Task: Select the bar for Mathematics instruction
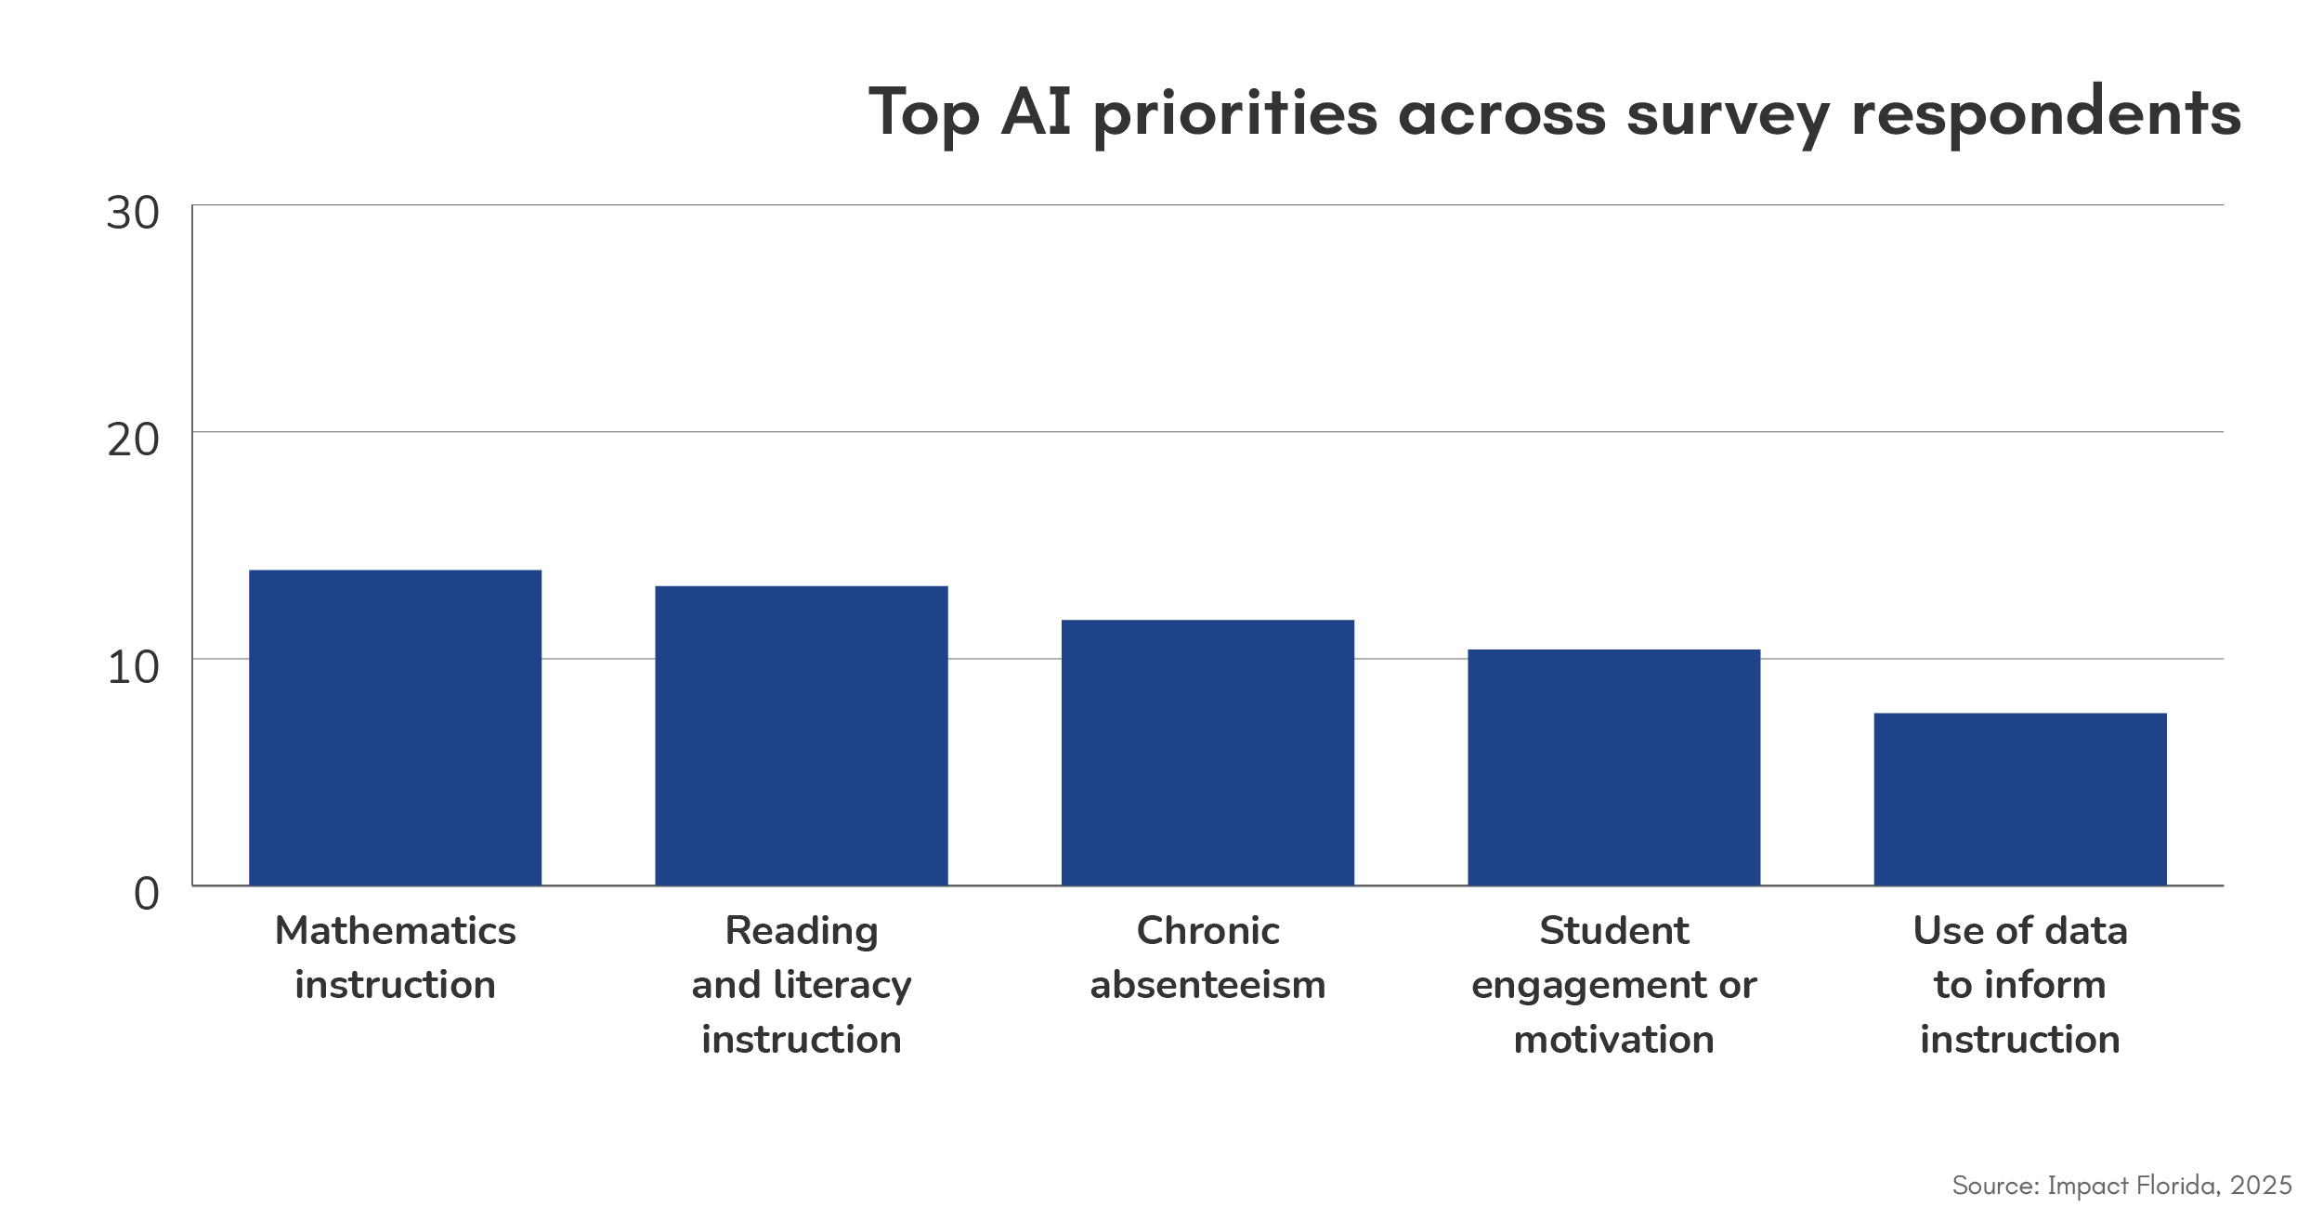tap(395, 727)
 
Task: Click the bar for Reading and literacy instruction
tap(801, 734)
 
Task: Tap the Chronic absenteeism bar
tap(1207, 752)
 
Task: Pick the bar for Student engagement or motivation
tap(1613, 767)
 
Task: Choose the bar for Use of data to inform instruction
tap(2019, 798)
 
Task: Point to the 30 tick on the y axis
tap(133, 214)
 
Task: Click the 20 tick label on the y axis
tap(133, 440)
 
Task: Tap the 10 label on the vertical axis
tap(133, 668)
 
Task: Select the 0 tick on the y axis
tap(146, 895)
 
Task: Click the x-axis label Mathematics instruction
tap(395, 957)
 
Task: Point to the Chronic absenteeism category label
tap(1207, 957)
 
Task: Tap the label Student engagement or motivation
tap(1613, 984)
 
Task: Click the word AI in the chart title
tap(1036, 112)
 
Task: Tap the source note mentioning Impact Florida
tap(2121, 1186)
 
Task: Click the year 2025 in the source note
tap(2261, 1186)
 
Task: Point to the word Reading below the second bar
tap(801, 931)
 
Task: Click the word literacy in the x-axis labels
tap(842, 985)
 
